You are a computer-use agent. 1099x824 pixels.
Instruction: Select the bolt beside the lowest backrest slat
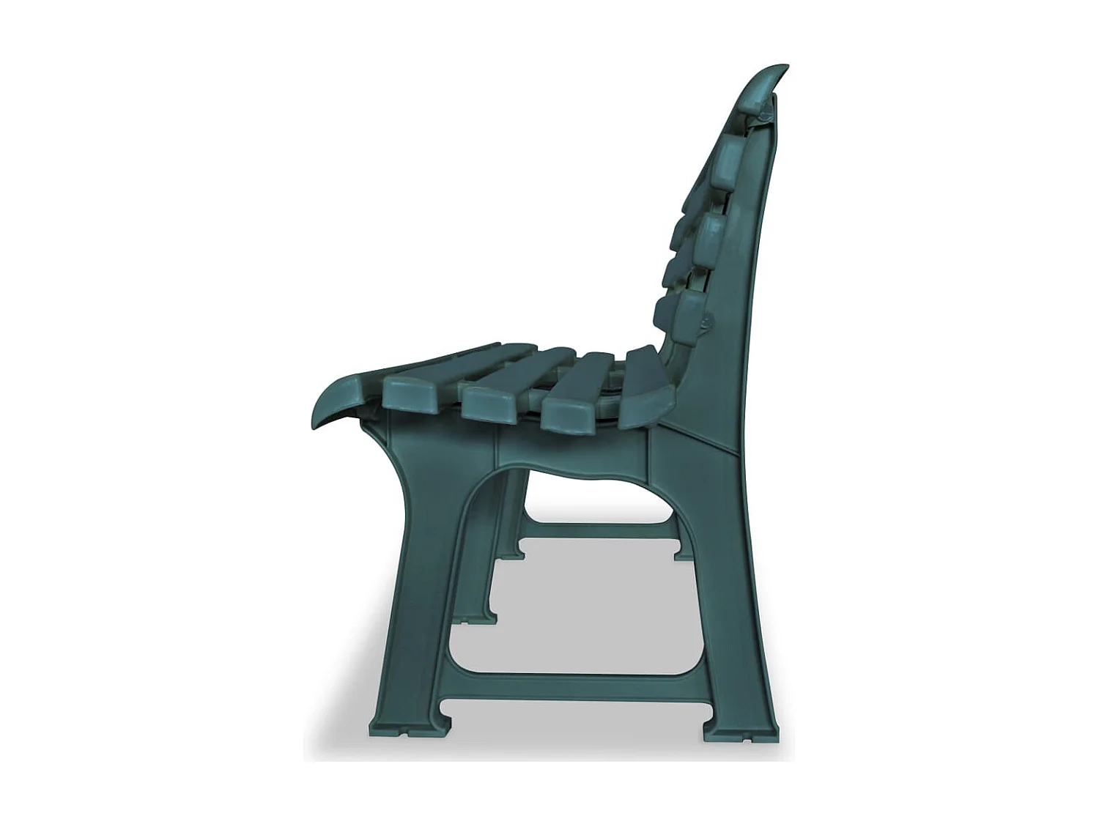click(x=706, y=322)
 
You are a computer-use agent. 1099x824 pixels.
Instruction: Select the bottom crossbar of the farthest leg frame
click(x=597, y=531)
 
